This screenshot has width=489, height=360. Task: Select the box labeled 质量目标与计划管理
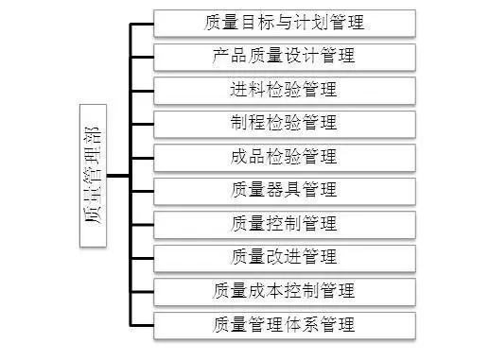tap(284, 22)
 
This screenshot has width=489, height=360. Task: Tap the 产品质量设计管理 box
tap(284, 56)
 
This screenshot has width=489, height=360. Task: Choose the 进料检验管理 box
tap(284, 91)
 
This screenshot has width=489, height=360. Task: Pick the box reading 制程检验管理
tap(284, 123)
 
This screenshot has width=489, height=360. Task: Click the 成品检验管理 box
tap(284, 157)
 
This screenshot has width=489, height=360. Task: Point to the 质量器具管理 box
tap(284, 191)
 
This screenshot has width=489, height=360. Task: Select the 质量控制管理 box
tap(284, 224)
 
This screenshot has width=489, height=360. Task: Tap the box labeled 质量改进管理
tap(284, 257)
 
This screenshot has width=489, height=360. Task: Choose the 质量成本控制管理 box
tap(284, 291)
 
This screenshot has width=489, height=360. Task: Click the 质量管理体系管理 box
tap(284, 325)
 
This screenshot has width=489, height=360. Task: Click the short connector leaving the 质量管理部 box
tap(116, 176)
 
